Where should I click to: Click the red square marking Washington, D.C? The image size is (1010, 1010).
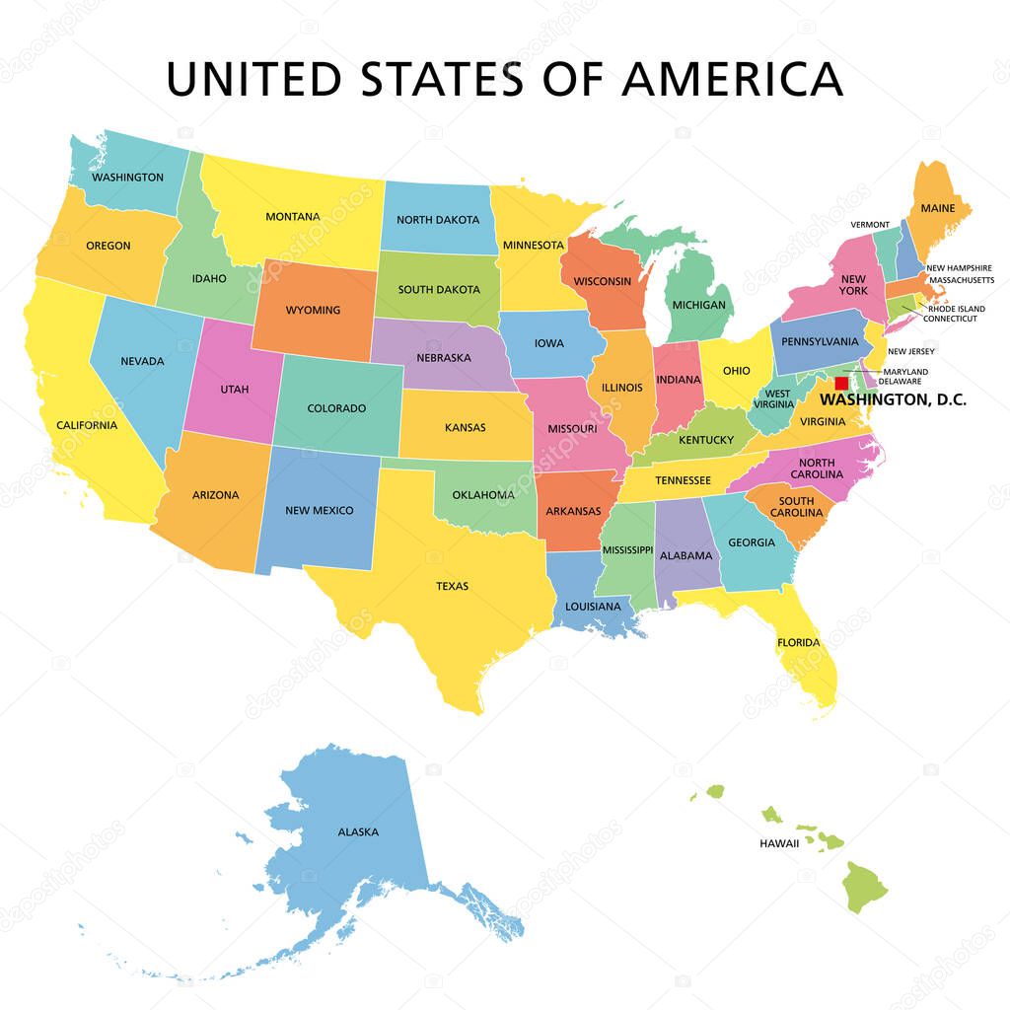[x=841, y=383]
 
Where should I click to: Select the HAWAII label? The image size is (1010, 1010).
[x=779, y=844]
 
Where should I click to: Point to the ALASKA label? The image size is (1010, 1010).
[x=358, y=831]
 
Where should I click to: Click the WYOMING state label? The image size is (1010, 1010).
[x=313, y=310]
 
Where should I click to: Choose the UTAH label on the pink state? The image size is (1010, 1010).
[x=235, y=389]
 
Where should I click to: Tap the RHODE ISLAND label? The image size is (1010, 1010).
[x=956, y=308]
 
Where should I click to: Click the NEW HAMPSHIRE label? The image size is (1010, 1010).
[x=958, y=267]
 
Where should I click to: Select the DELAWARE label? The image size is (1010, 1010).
[x=900, y=381]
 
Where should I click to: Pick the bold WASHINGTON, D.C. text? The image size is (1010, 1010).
[x=894, y=400]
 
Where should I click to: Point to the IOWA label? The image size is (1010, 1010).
[x=549, y=343]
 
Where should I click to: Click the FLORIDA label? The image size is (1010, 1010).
[x=798, y=643]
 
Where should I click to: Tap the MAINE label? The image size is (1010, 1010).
[x=938, y=209]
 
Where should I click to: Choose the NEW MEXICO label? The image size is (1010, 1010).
[x=319, y=510]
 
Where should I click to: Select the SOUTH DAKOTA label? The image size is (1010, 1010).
[x=439, y=290]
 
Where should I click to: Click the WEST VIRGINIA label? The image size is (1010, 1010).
[x=773, y=397]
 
